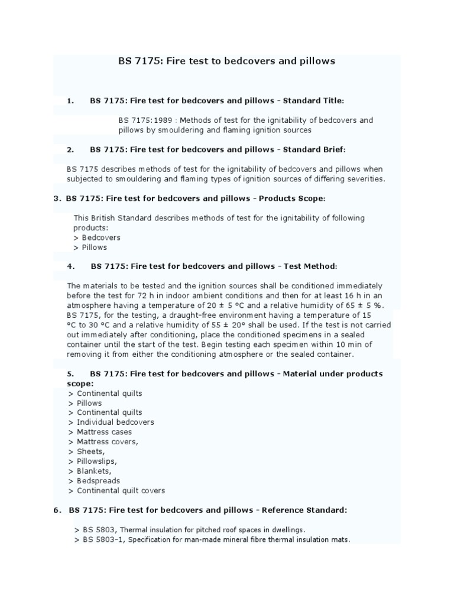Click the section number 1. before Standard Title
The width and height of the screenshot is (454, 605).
coord(71,100)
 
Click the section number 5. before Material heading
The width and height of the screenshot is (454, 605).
coord(70,373)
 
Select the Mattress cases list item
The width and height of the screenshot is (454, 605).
coord(104,432)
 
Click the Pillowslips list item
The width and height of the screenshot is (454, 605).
coord(97,461)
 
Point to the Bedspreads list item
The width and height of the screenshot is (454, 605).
coord(98,480)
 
